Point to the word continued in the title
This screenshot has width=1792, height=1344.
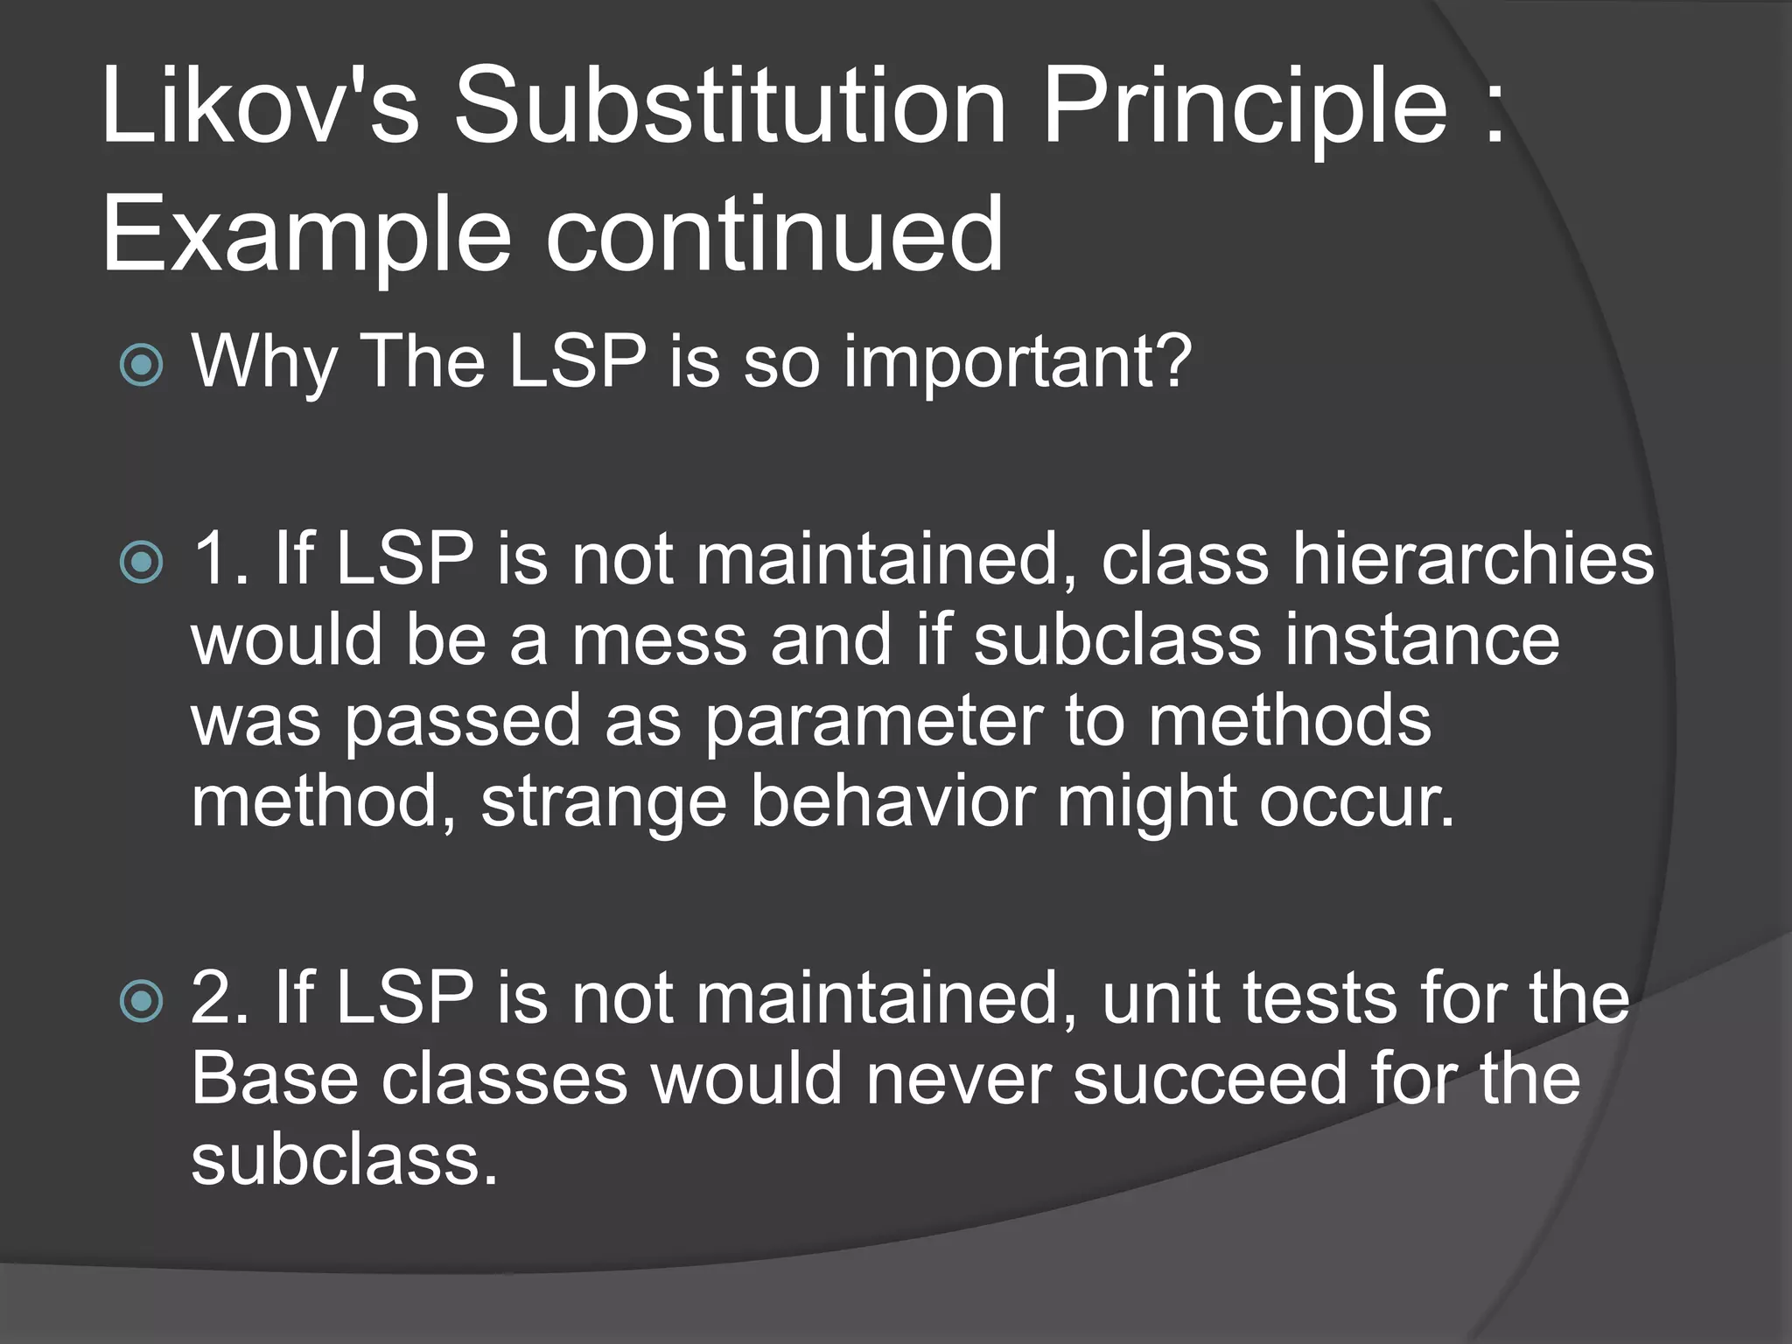pyautogui.click(x=774, y=234)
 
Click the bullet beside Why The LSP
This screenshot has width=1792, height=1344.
pyautogui.click(x=141, y=365)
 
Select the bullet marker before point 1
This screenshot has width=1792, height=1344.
pyautogui.click(x=141, y=563)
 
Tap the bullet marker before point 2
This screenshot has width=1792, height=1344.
pyautogui.click(x=141, y=1002)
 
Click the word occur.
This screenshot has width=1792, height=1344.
pyautogui.click(x=1356, y=803)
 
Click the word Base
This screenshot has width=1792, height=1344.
pyautogui.click(x=275, y=1079)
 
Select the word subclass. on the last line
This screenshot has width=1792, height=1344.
pyautogui.click(x=344, y=1160)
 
